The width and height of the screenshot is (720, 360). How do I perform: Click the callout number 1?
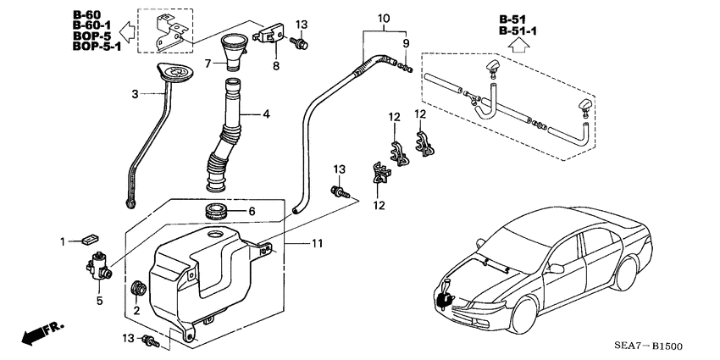63,242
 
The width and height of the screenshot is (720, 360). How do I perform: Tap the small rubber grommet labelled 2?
136,289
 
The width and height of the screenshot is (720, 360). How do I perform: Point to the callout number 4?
266,113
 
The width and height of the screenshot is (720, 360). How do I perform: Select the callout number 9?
405,43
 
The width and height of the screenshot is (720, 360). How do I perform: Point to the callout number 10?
383,17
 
